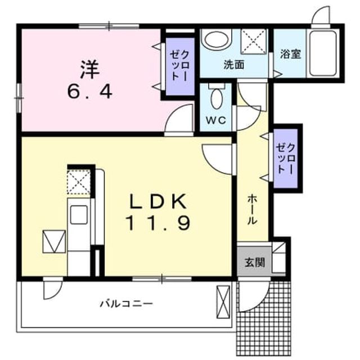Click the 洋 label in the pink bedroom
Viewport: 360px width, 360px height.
click(x=90, y=69)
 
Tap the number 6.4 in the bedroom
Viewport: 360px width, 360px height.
click(x=90, y=92)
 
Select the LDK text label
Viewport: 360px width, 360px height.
click(x=158, y=201)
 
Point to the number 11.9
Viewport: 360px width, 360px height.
click(x=158, y=223)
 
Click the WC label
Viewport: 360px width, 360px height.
click(x=216, y=120)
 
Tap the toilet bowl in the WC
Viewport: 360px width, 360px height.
click(x=217, y=99)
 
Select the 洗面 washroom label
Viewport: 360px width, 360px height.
click(x=234, y=65)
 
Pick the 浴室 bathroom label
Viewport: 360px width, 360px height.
click(x=291, y=54)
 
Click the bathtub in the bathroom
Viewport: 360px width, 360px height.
click(x=322, y=53)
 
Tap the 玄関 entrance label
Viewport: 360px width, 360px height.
click(x=255, y=262)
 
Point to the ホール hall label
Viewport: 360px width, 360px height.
click(x=253, y=209)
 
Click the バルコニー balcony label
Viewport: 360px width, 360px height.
click(x=126, y=304)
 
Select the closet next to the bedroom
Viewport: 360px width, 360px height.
click(x=180, y=66)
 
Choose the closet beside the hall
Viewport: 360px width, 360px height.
click(x=286, y=159)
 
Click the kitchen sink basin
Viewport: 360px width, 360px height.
click(x=79, y=215)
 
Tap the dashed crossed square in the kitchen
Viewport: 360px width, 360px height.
click(x=79, y=182)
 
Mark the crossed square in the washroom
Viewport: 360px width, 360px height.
click(x=254, y=42)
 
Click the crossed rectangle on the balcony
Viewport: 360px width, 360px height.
click(x=223, y=301)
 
